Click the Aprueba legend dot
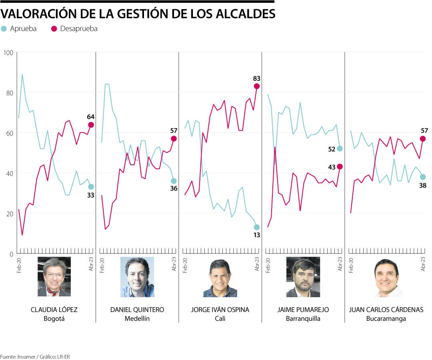4,29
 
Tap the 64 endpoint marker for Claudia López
91,125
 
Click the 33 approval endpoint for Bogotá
91,187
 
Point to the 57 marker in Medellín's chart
174,138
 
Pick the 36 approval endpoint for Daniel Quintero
174,181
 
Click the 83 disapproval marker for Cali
257,86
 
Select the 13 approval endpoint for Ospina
257,227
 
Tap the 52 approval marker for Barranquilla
340,148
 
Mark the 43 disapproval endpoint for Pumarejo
340,166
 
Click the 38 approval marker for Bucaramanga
423,177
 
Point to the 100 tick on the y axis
8,53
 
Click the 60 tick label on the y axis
8,133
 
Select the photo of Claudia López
54,277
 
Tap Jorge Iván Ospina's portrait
220,277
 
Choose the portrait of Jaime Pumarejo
303,277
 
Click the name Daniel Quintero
137,310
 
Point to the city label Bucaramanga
386,319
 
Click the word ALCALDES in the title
244,14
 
